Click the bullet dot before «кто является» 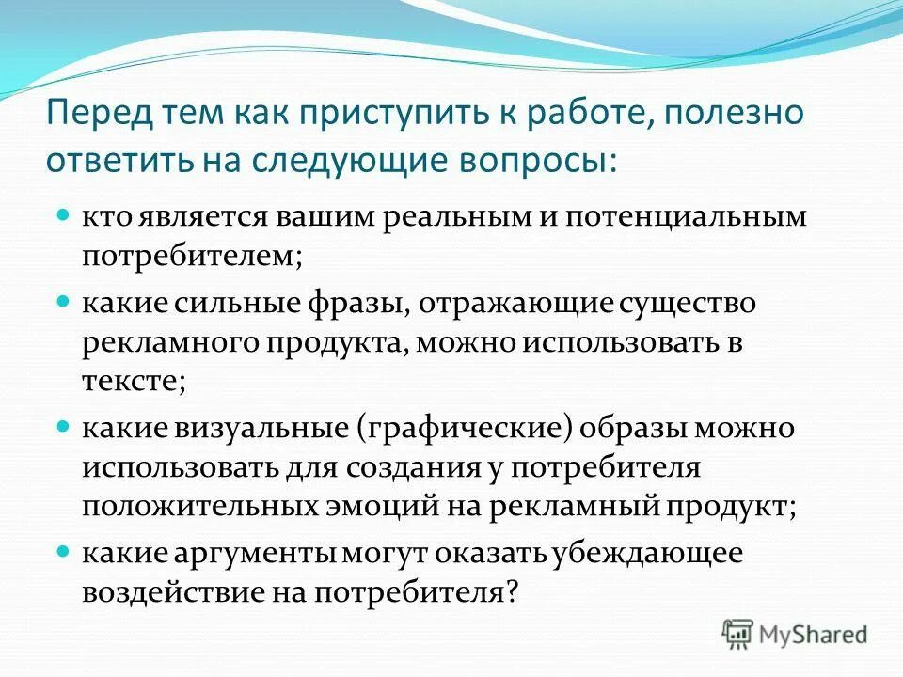tap(64, 215)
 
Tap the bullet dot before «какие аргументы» tap(64, 552)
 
